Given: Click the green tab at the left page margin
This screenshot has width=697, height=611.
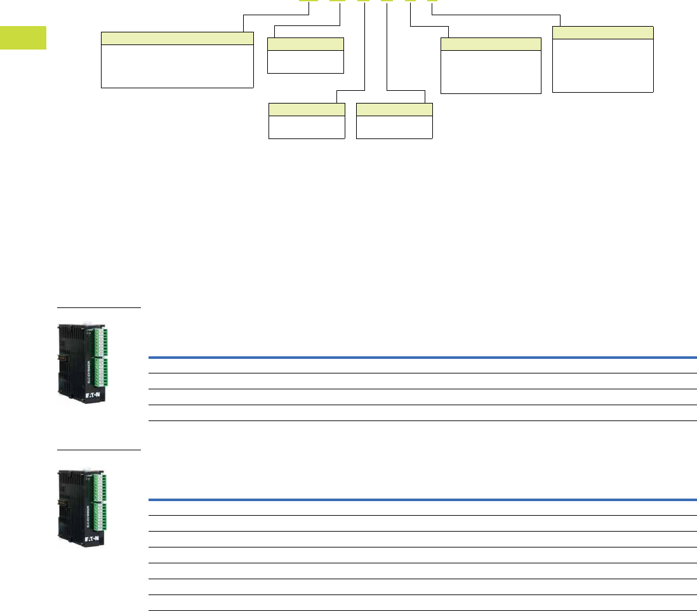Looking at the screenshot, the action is point(23,37).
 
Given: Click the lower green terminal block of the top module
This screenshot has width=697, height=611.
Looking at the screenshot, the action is point(102,373).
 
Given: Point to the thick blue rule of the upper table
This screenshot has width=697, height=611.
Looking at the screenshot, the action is point(422,358).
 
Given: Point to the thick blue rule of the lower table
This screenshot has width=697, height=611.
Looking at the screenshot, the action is point(422,500).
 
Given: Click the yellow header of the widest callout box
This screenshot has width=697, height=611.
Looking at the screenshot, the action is point(178,38).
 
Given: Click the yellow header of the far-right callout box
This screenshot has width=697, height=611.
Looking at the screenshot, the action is point(602,33).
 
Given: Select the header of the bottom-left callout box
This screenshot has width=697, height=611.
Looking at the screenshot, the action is point(307,109).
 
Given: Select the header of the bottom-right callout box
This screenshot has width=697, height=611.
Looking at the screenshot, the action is point(394,109).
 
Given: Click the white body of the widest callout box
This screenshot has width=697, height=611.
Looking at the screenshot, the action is point(178,66).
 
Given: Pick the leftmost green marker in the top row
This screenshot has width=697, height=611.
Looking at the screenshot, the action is point(309,1).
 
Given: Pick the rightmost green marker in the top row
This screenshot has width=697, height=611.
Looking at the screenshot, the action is point(432,1).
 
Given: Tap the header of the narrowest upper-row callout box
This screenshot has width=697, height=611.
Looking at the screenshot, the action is point(305,44).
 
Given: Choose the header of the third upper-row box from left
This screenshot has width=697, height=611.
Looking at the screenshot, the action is point(491,44).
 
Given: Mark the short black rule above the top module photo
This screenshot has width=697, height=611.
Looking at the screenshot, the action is point(98,307).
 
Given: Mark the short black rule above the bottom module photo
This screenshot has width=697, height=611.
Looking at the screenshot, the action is point(98,450).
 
